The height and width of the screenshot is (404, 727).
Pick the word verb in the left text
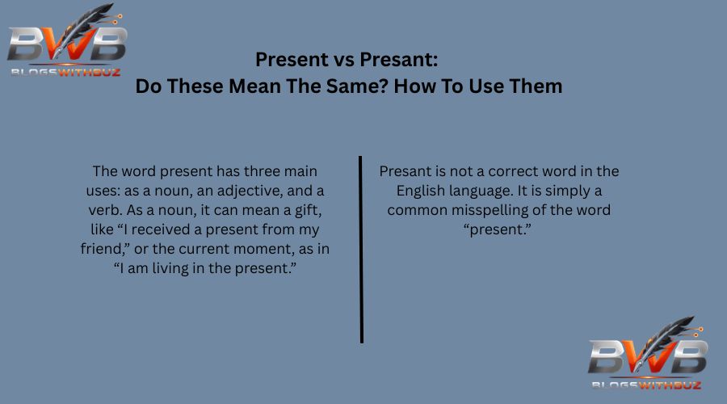click(103, 211)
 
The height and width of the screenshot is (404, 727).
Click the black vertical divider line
click(361, 250)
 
